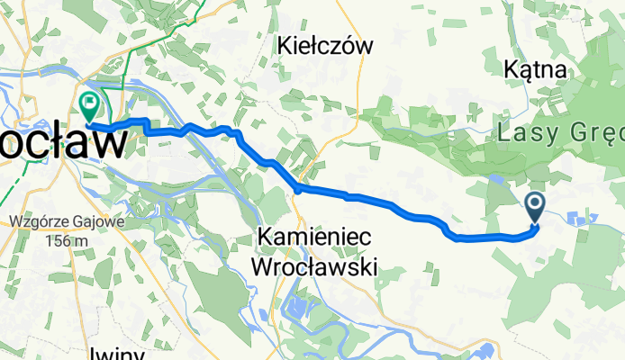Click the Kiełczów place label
point(325,45)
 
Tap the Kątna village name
point(535,68)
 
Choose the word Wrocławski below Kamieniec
point(315,266)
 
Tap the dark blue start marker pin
point(535,208)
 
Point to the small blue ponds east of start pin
point(581,217)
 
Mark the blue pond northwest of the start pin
point(498,181)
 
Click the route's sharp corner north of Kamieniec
point(298,188)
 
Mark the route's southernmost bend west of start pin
point(459,239)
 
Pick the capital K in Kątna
point(512,68)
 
